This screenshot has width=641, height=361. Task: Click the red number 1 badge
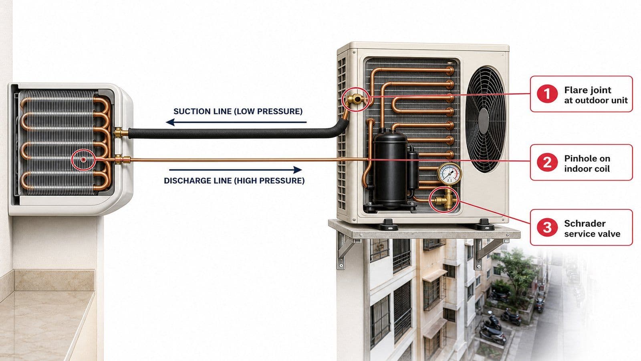[x=547, y=94]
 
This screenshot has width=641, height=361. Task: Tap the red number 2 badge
[x=547, y=162]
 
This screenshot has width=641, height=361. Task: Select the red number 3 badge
[x=547, y=227]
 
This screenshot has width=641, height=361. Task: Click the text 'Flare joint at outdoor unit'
[x=596, y=95]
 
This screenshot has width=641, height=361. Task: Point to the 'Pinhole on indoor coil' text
[x=587, y=164]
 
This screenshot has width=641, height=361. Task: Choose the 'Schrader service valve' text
[x=592, y=229]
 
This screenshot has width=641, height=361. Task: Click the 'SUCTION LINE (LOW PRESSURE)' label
[x=238, y=111]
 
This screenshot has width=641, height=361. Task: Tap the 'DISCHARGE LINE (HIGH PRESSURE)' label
[x=234, y=180]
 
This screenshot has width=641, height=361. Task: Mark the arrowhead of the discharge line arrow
[x=298, y=170]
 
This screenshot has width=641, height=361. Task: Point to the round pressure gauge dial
[x=449, y=174]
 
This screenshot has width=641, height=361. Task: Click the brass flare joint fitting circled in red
[x=355, y=99]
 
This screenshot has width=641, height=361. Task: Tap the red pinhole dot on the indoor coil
[x=83, y=159]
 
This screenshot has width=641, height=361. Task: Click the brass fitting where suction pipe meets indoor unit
[x=121, y=133]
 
